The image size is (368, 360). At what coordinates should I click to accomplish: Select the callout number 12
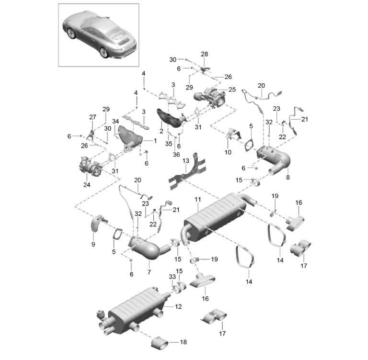click(178, 306)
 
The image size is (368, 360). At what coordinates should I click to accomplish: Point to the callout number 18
click(184, 342)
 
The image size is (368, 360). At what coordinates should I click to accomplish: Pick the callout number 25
click(232, 90)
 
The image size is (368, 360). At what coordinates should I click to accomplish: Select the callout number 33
click(172, 277)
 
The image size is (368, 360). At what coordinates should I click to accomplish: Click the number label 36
click(175, 154)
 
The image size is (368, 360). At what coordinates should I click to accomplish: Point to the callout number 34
click(115, 121)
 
